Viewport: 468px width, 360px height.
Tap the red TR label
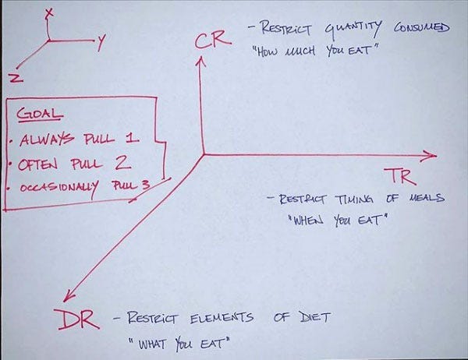click(399, 176)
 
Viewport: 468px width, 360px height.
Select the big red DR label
click(76, 319)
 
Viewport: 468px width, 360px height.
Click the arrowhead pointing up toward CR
click(200, 61)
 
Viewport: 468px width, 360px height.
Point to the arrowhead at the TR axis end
click(430, 155)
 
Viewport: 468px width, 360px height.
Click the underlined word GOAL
click(40, 114)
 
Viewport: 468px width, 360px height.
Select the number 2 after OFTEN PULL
click(123, 163)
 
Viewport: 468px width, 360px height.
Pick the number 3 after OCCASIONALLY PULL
click(145, 185)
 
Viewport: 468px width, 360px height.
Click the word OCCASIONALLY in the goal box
click(58, 188)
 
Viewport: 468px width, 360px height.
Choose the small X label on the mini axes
click(49, 13)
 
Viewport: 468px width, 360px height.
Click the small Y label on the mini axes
click(101, 42)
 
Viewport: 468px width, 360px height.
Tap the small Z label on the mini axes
click(16, 78)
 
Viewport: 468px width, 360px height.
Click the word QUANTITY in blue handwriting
click(353, 30)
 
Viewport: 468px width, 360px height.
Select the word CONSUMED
click(421, 27)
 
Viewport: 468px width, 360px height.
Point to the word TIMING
click(354, 199)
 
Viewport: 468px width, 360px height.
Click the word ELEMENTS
click(222, 318)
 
